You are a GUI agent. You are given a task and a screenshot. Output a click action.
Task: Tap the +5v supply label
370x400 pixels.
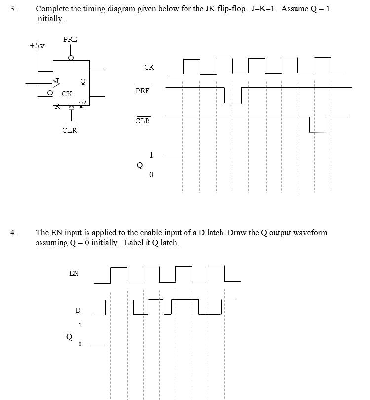37,46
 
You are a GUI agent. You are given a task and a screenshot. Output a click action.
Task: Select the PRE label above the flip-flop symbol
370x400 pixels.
71,39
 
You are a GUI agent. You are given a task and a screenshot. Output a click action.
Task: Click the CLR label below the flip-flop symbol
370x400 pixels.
70,130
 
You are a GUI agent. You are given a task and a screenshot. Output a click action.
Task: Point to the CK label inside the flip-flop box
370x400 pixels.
67,94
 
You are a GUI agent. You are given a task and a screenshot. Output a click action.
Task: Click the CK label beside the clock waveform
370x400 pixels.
149,67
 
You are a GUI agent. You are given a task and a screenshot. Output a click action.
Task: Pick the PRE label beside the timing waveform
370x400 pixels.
143,91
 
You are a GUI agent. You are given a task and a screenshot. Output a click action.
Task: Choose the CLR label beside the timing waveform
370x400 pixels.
143,121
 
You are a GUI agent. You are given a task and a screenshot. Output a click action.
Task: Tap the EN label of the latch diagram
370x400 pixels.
74,273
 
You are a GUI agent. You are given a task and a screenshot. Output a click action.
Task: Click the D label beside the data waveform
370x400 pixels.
77,310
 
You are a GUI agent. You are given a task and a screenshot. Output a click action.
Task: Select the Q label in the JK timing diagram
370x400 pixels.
140,166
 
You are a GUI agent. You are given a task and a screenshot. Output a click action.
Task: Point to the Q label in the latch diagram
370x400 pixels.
70,338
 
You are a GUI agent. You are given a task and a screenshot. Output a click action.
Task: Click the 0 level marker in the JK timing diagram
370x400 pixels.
151,175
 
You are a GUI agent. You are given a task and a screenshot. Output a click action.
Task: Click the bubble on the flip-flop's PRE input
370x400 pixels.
71,58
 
